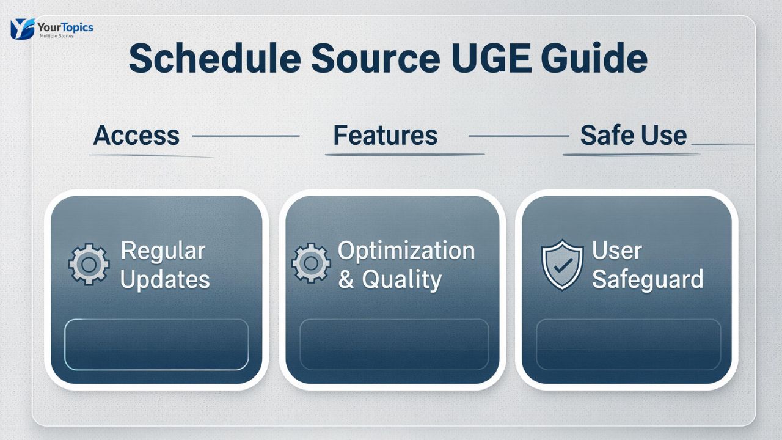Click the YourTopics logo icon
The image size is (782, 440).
tap(23, 28)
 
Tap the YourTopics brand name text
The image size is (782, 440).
tap(65, 27)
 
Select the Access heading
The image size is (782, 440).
tap(136, 135)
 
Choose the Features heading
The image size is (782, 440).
tap(385, 135)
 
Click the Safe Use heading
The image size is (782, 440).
tap(633, 135)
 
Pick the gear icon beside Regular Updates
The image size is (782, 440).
tap(89, 265)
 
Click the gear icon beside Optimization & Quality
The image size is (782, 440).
tap(311, 263)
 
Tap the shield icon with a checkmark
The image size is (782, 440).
tap(562, 265)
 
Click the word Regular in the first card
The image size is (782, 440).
tap(163, 251)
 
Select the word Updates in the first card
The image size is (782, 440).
tap(165, 280)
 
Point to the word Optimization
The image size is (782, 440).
tap(406, 251)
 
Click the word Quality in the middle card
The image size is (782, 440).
tap(401, 280)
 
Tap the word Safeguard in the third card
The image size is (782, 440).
tap(648, 280)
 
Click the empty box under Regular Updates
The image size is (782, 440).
tap(156, 344)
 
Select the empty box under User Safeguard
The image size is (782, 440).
tap(628, 344)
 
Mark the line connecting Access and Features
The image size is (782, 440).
tap(246, 136)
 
